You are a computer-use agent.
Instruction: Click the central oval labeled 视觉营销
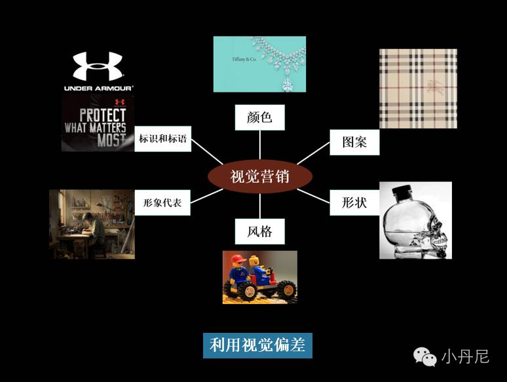point(260,176)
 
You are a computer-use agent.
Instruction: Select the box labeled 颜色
point(259,118)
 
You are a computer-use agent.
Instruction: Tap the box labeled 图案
point(354,142)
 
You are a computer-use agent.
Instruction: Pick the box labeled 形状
point(354,202)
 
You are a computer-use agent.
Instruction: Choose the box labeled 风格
point(259,231)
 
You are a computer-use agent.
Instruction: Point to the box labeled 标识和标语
point(163,139)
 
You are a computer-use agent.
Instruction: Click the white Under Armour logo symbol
point(98,66)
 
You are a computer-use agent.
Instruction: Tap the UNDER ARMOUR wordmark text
point(98,88)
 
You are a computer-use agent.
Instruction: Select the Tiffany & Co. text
point(244,60)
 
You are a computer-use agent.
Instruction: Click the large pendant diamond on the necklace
point(286,84)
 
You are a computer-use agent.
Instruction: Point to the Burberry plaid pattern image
point(418,88)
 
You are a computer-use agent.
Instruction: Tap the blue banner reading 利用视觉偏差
point(257,345)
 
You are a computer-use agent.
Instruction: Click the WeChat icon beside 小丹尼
point(424,356)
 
